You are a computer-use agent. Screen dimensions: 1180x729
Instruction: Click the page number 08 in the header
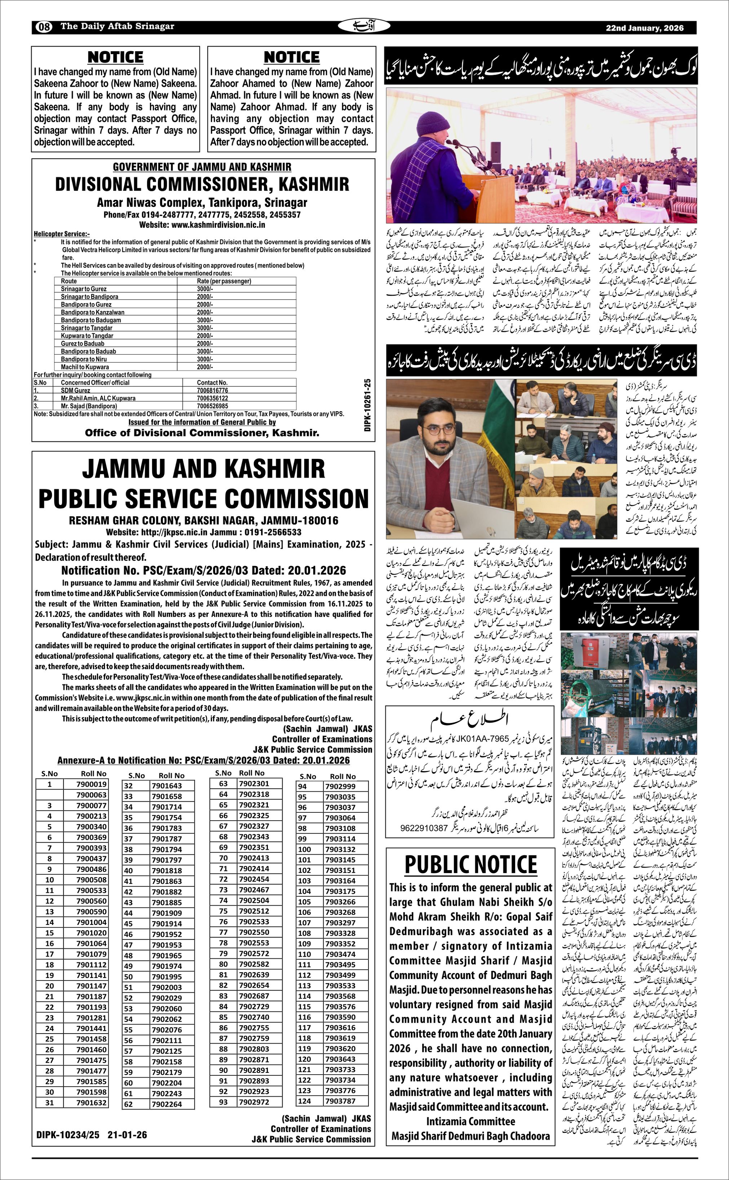pyautogui.click(x=44, y=27)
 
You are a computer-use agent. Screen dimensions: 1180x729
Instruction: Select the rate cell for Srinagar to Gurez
pyautogui.click(x=204, y=289)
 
